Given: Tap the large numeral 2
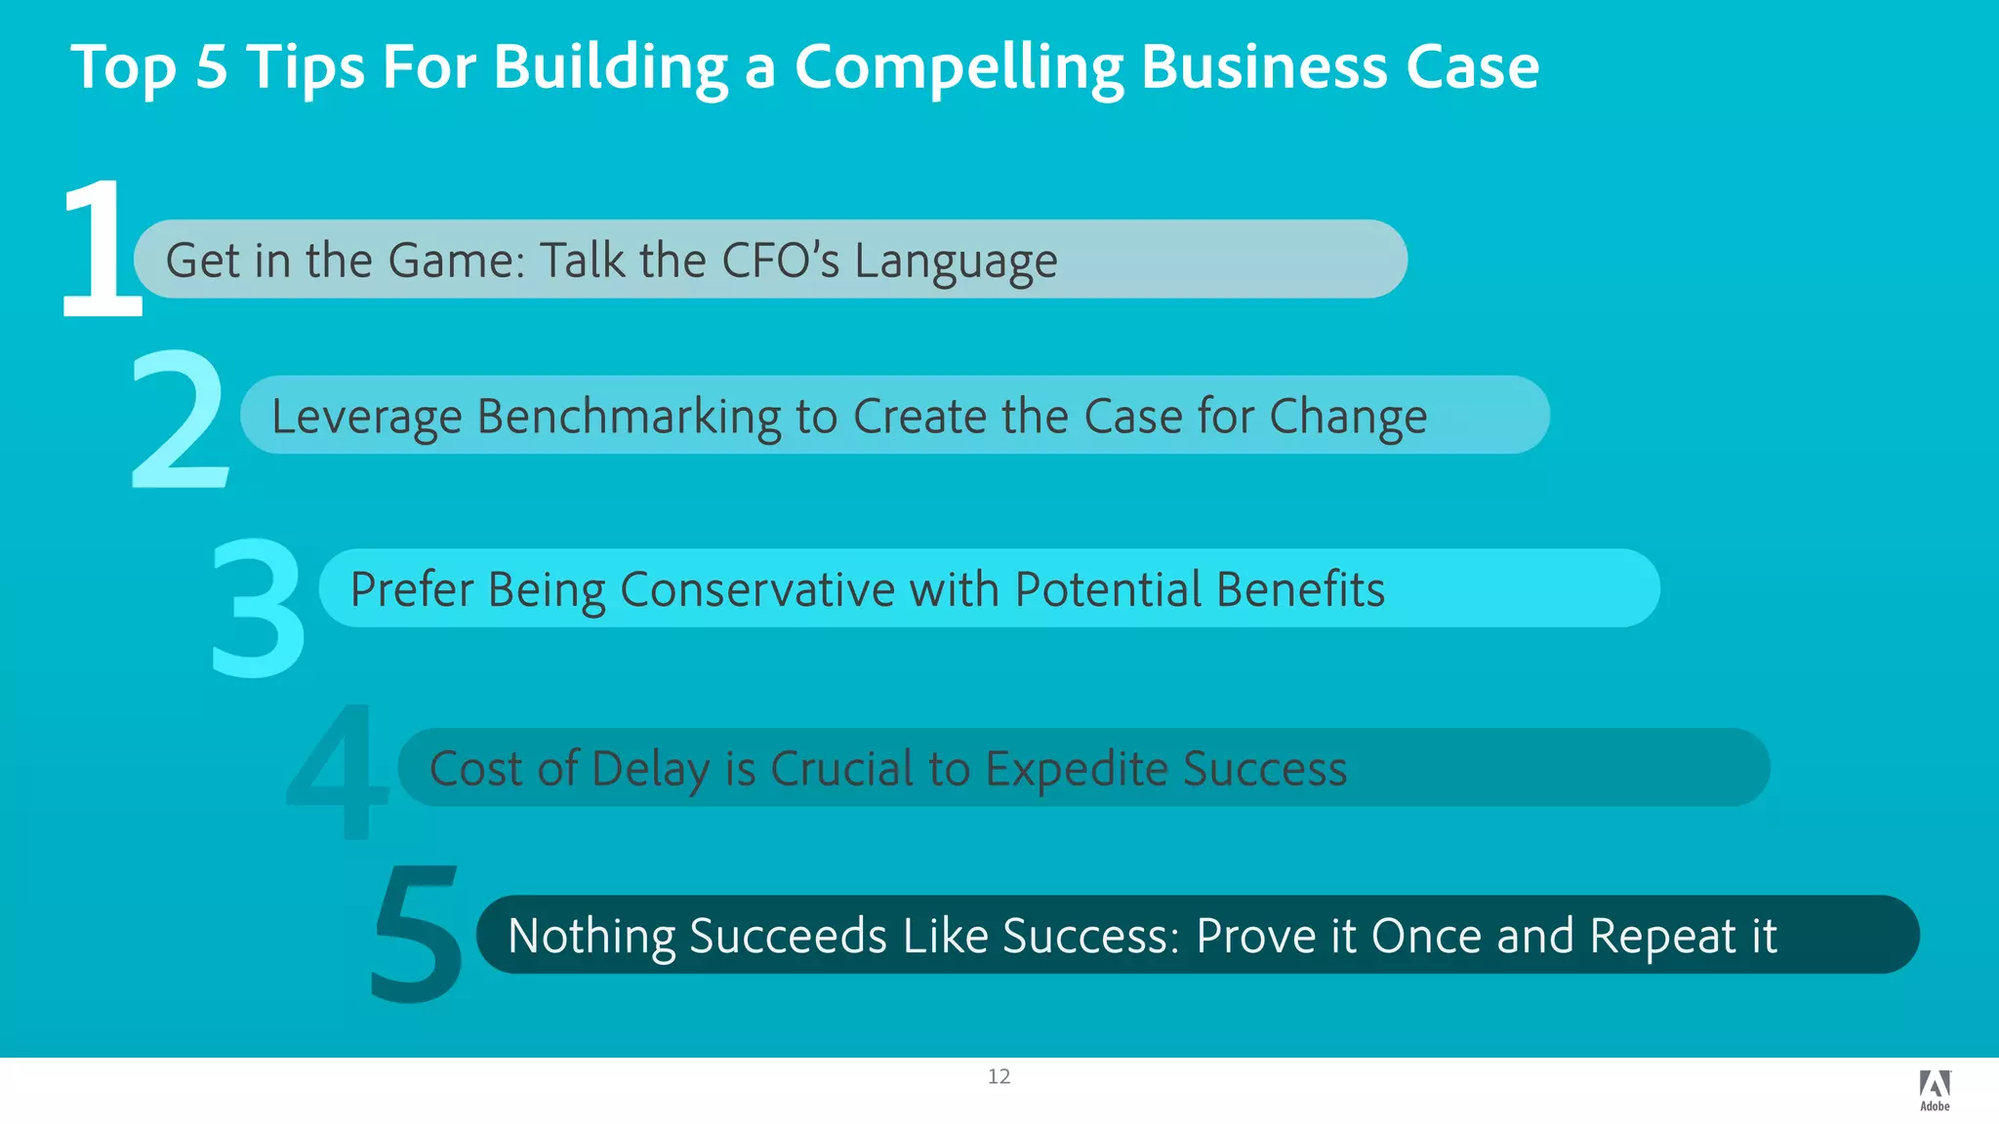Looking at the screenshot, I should click(x=180, y=420).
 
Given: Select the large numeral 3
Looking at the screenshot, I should click(x=258, y=607).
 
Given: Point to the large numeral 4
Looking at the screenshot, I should click(x=337, y=773).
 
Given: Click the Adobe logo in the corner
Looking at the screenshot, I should click(x=1935, y=1090).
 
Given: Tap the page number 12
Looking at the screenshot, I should click(x=999, y=1076).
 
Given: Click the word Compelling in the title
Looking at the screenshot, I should click(x=959, y=68).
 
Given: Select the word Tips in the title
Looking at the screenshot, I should click(x=305, y=68).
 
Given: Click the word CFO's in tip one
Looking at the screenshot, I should click(x=779, y=261).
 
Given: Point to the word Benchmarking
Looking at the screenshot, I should click(x=628, y=418).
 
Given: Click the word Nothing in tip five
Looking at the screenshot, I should click(x=591, y=937).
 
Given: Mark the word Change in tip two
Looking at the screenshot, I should click(x=1348, y=418).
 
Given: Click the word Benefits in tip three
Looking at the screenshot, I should click(x=1300, y=590).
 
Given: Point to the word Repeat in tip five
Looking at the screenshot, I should click(x=1662, y=937).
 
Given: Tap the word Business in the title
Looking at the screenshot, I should click(x=1263, y=68).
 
